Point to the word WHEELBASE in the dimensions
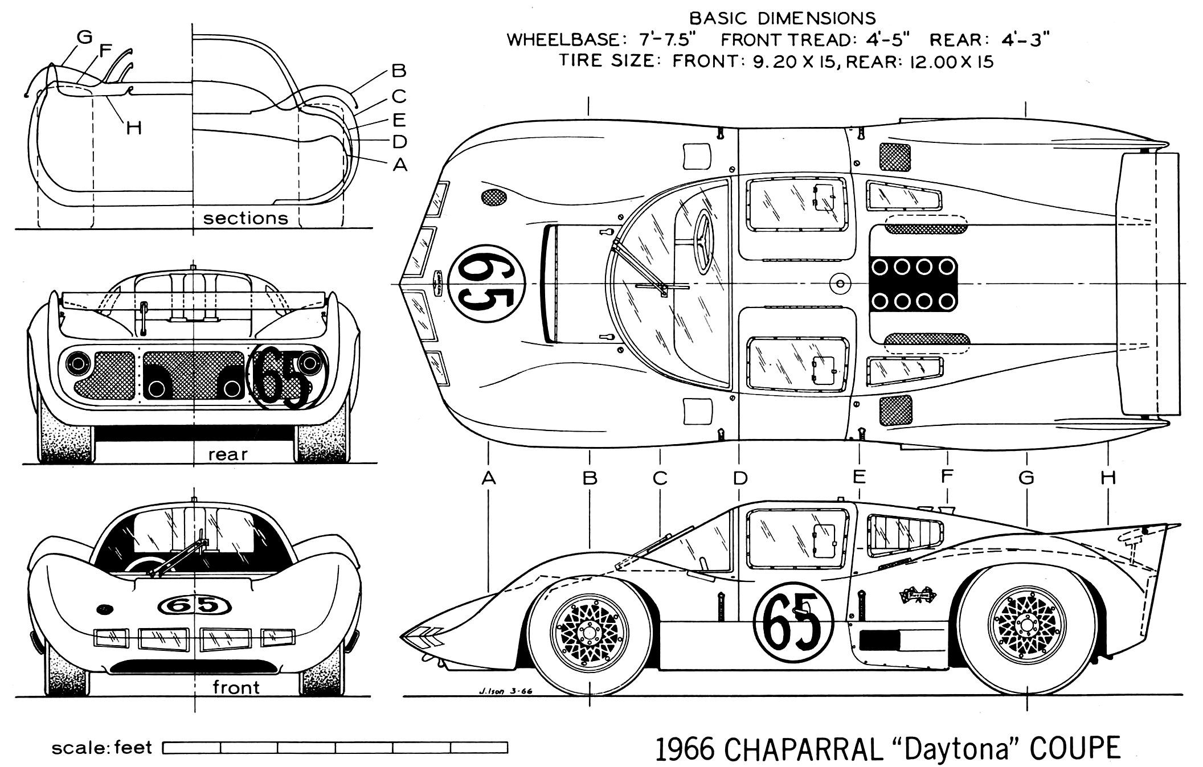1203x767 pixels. pyautogui.click(x=562, y=40)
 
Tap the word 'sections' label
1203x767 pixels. pyautogui.click(x=245, y=219)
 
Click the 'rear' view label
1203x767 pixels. pyautogui.click(x=228, y=454)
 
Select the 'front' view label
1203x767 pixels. pyautogui.click(x=236, y=687)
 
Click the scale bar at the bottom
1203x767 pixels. pyautogui.click(x=335, y=747)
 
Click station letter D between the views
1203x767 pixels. pyautogui.click(x=739, y=478)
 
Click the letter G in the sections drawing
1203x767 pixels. pyautogui.click(x=84, y=38)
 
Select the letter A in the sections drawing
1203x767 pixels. pyautogui.click(x=400, y=165)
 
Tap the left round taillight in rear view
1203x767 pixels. pyautogui.click(x=76, y=363)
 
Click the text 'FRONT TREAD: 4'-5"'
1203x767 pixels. pyautogui.click(x=815, y=40)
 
